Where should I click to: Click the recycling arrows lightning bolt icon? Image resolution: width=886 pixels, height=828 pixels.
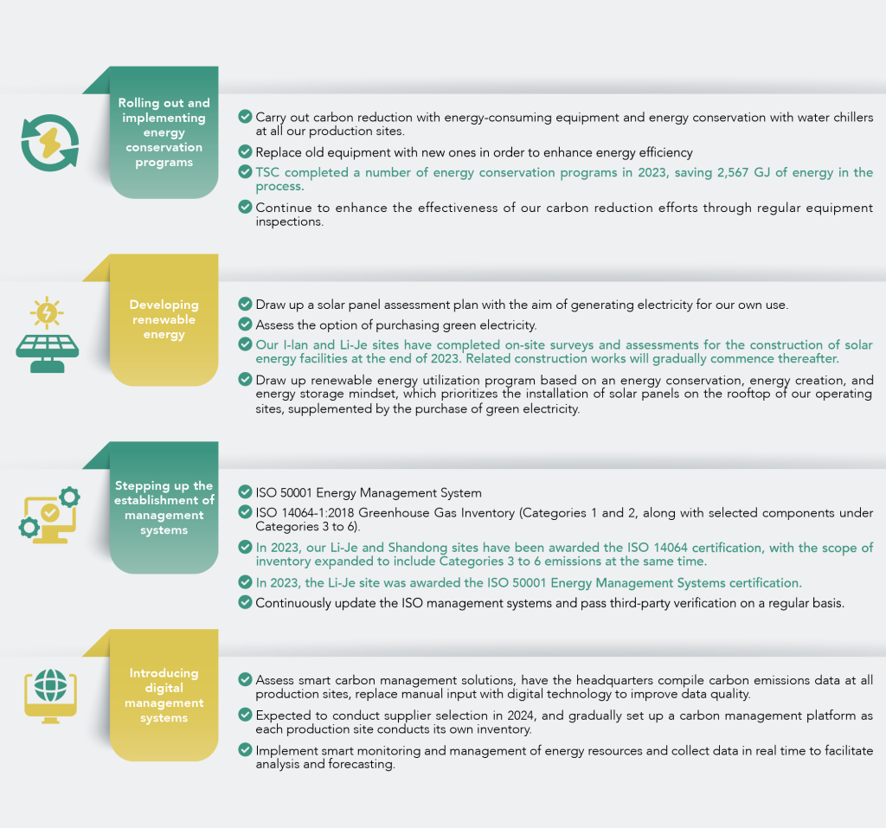tap(49, 143)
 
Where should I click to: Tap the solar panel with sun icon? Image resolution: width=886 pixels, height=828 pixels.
tap(48, 334)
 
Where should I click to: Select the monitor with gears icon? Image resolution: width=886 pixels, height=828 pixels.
tap(49, 515)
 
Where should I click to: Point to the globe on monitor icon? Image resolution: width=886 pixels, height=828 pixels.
tap(50, 696)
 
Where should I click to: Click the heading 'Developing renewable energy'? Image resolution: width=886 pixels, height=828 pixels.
tap(164, 319)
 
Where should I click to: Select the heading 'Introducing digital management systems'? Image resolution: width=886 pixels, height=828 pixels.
tap(164, 695)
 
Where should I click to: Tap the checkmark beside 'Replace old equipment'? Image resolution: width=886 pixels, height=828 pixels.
tap(245, 151)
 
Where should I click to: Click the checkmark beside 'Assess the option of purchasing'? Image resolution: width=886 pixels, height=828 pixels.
tap(245, 324)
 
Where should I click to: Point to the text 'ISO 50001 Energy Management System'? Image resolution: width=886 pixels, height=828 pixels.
tap(369, 493)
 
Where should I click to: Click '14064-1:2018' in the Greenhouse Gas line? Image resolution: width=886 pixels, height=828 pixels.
tap(318, 512)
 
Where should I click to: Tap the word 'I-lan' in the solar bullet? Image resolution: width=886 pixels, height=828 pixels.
tap(296, 344)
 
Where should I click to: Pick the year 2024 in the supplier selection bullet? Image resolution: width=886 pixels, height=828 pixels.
tap(520, 716)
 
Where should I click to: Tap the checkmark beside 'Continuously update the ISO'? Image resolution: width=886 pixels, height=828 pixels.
tap(245, 602)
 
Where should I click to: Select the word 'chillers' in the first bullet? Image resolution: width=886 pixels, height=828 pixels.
tap(853, 117)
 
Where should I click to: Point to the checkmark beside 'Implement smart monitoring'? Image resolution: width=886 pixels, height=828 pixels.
tap(245, 750)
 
